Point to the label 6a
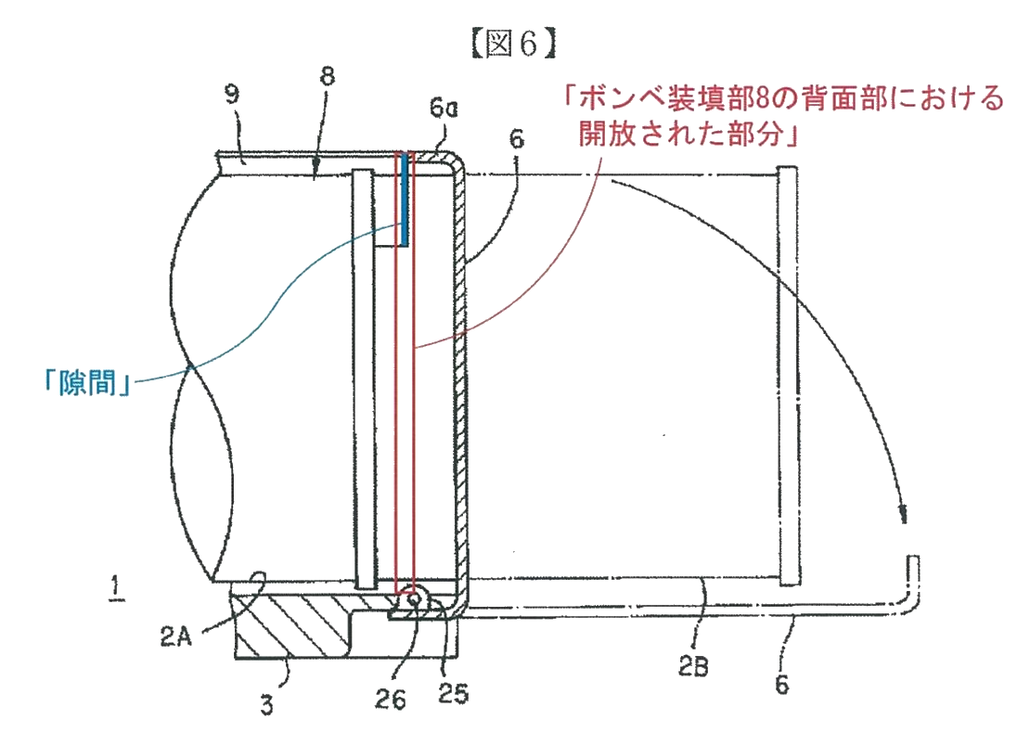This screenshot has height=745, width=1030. (444, 109)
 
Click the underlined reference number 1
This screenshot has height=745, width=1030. (115, 588)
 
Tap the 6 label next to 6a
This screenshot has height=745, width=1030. (517, 140)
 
